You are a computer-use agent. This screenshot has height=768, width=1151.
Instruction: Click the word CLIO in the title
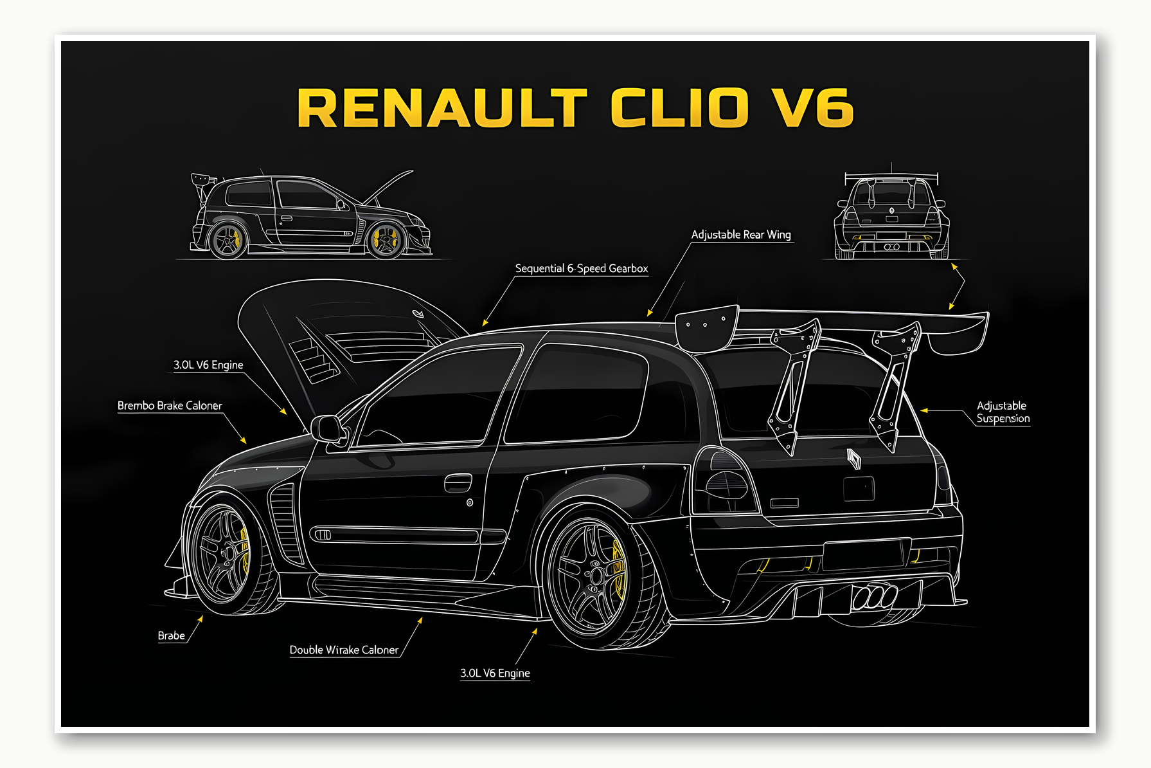click(x=679, y=107)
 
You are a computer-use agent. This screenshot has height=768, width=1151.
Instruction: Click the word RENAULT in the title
click(x=442, y=107)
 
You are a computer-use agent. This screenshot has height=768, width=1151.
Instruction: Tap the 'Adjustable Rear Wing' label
click(x=741, y=235)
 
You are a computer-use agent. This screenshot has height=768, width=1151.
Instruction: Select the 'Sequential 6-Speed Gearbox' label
click(x=581, y=268)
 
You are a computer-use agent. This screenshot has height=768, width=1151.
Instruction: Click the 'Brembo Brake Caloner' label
click(x=170, y=405)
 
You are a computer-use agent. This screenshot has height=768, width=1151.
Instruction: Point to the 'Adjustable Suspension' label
click(x=1002, y=412)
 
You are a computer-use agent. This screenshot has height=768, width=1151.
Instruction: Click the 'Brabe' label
click(x=171, y=635)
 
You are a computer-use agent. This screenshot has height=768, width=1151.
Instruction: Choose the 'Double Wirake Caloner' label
click(x=344, y=650)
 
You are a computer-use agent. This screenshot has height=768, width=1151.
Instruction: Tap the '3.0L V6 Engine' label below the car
click(x=495, y=673)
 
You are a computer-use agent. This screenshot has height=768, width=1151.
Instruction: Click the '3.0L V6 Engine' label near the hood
click(x=208, y=365)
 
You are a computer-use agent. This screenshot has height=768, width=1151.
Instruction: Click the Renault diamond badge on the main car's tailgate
click(x=853, y=459)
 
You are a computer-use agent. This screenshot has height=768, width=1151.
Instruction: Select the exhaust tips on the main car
click(x=873, y=596)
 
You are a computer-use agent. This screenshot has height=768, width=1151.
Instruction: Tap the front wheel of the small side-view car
click(x=385, y=240)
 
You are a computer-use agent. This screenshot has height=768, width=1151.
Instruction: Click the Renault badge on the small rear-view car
click(x=892, y=210)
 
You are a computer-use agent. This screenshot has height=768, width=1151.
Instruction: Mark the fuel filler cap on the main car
click(x=470, y=502)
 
